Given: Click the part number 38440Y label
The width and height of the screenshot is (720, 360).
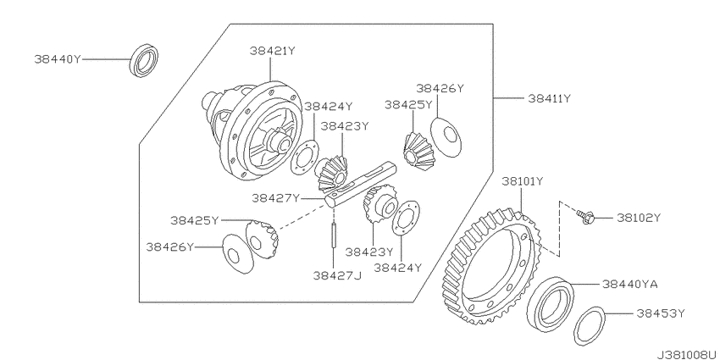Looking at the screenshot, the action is [x=58, y=59].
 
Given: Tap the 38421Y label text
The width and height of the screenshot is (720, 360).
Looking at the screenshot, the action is [x=272, y=51].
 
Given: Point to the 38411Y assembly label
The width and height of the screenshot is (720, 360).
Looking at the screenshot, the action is [x=549, y=98].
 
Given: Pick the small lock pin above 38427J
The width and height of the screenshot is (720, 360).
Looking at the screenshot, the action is [x=335, y=235].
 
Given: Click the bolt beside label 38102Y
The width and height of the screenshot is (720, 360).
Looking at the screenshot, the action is [x=584, y=217].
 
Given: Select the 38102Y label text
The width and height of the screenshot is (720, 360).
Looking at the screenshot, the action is [x=639, y=218].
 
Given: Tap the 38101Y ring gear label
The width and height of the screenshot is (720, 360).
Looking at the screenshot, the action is [x=523, y=181].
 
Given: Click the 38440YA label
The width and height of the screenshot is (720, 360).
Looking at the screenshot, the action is [x=630, y=285].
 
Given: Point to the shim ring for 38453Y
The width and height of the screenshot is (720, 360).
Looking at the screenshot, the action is [x=590, y=326].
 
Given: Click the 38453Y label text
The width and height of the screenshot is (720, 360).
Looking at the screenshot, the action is [x=661, y=313].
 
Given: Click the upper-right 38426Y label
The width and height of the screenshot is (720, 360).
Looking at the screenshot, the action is [x=440, y=88].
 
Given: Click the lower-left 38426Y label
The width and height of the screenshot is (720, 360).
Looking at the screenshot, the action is [x=170, y=247].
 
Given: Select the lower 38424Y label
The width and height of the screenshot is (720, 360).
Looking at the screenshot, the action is [x=397, y=268].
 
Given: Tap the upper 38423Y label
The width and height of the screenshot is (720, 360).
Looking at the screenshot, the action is [x=345, y=126].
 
